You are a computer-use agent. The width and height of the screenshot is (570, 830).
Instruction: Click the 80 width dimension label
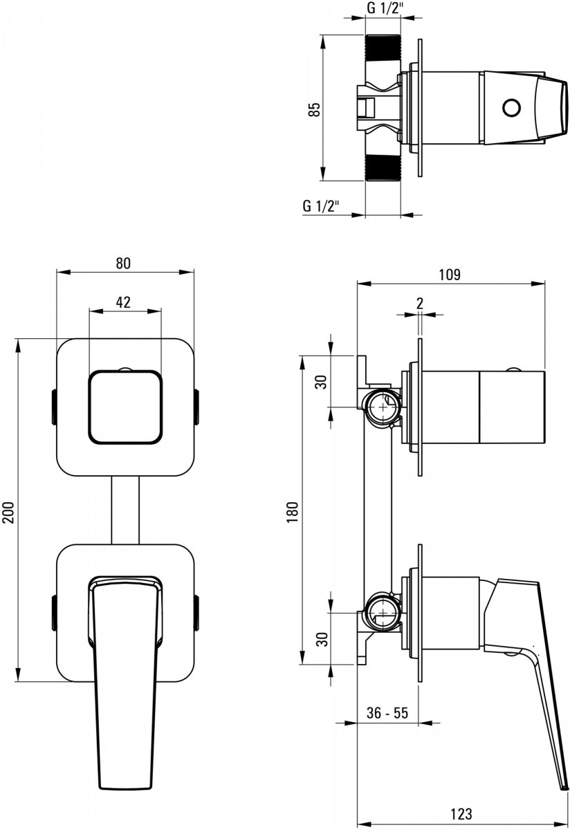(x=123, y=263)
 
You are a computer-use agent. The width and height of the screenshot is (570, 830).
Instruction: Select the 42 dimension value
(x=123, y=302)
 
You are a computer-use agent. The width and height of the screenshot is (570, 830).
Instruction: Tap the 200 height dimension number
(x=8, y=513)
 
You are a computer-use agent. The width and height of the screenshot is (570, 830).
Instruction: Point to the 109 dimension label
(x=450, y=275)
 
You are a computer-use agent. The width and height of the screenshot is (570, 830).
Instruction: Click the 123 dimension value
(x=461, y=813)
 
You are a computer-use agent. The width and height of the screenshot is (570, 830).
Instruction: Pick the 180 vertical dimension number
(x=292, y=513)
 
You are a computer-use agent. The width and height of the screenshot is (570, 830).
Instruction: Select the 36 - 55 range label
(x=387, y=712)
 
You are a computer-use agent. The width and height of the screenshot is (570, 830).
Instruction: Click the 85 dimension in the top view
(x=314, y=109)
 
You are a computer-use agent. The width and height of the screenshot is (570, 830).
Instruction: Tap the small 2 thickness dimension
(x=420, y=304)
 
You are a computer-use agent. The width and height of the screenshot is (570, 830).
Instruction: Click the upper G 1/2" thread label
(x=385, y=8)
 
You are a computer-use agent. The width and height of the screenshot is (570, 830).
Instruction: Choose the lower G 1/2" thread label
(x=321, y=205)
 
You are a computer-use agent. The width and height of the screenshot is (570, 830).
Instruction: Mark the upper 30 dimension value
(x=322, y=382)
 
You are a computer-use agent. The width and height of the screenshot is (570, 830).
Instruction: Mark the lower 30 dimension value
(x=323, y=639)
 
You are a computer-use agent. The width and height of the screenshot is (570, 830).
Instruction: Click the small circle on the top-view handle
(x=511, y=107)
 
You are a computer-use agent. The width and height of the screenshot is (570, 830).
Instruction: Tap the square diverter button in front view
(x=125, y=407)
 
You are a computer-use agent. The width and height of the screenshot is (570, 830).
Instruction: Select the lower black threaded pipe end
(x=383, y=168)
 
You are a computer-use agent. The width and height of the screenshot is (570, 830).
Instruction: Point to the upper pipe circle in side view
(x=383, y=407)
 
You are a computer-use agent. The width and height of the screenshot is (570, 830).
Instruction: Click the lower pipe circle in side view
(x=383, y=613)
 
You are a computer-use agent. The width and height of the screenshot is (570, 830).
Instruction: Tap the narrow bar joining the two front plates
(x=125, y=510)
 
